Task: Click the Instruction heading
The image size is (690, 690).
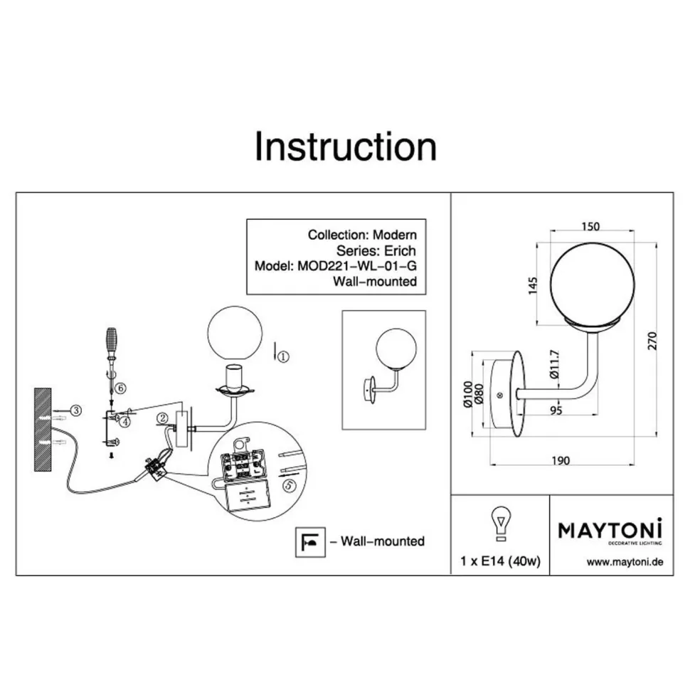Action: click(346, 147)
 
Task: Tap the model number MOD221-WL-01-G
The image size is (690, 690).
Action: click(357, 266)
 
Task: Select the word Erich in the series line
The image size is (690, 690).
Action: click(400, 250)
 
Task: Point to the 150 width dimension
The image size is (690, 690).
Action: click(590, 226)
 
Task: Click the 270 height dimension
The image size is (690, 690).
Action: click(652, 341)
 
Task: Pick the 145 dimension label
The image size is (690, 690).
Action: click(533, 285)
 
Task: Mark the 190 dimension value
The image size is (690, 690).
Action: click(561, 460)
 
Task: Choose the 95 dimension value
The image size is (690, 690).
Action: click(556, 410)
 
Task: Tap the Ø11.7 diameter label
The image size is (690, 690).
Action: click(554, 364)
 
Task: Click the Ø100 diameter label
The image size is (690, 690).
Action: click(468, 394)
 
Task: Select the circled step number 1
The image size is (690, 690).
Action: click(283, 356)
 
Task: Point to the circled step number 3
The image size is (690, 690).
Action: click(76, 410)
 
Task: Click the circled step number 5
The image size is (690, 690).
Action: click(289, 485)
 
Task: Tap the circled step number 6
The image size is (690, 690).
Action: click(120, 388)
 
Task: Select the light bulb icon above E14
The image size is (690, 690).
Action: click(500, 524)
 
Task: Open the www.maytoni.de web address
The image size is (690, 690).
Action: click(625, 562)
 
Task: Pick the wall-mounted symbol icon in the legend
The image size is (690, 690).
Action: click(310, 542)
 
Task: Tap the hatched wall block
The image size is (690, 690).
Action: click(43, 430)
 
